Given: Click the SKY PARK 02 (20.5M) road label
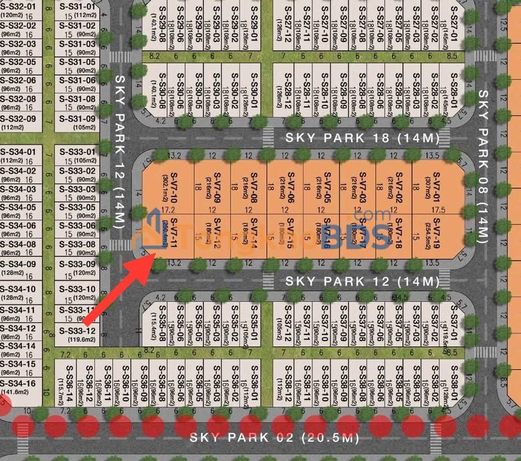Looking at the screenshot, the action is pyautogui.click(x=274, y=438).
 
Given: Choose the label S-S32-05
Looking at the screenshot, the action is pyautogui.click(x=18, y=62).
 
